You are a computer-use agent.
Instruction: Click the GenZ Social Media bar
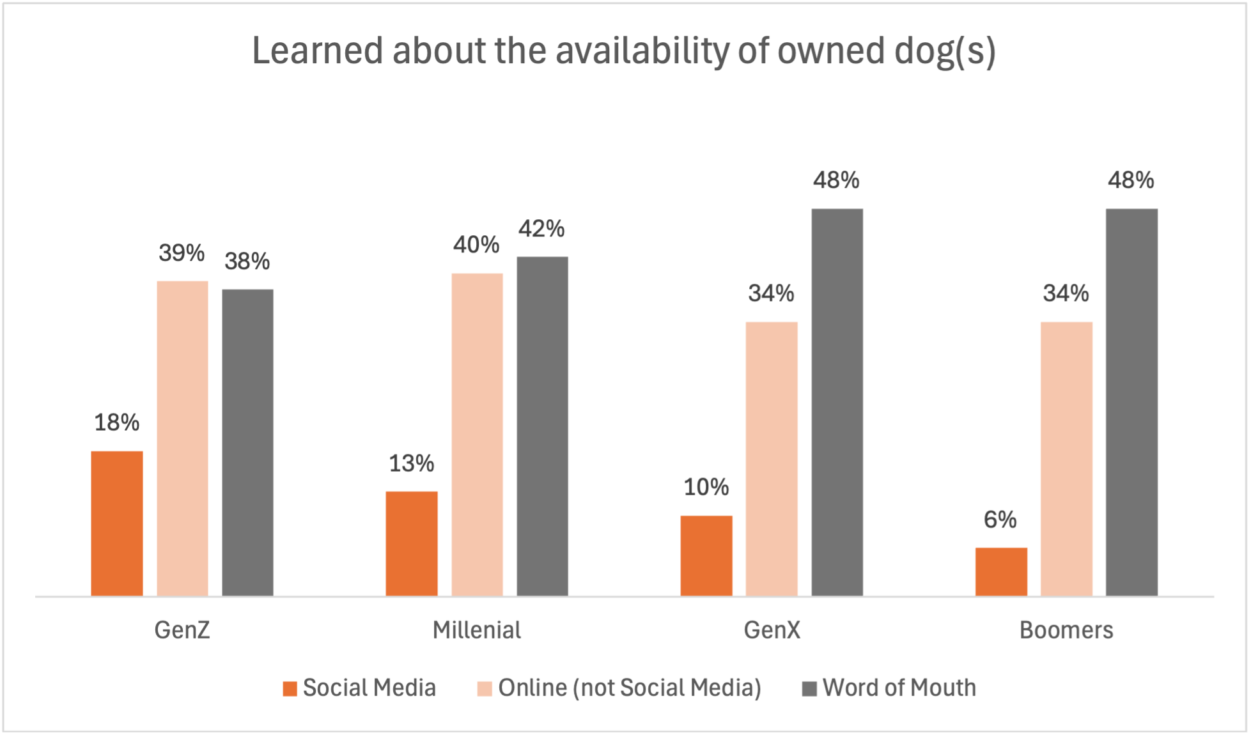117,523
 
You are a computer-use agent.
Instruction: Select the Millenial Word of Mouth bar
542,426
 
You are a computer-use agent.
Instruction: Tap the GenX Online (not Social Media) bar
772,459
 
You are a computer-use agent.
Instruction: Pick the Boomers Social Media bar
1001,572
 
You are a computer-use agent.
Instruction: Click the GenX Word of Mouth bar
837,402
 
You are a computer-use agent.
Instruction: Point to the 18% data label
117,422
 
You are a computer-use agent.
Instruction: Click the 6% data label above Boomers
1000,520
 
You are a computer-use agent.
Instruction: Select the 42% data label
541,229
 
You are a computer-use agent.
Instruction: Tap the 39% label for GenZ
182,253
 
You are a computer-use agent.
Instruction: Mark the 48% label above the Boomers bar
1131,180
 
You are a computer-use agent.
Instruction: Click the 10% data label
706,488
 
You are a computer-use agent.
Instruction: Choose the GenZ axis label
182,630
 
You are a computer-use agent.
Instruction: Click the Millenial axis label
477,630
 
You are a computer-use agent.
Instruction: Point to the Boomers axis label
1066,630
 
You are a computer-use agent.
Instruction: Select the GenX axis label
772,630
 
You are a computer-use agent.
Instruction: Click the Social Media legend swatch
290,688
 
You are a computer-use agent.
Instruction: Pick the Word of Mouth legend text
899,688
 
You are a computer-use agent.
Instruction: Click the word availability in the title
642,51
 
